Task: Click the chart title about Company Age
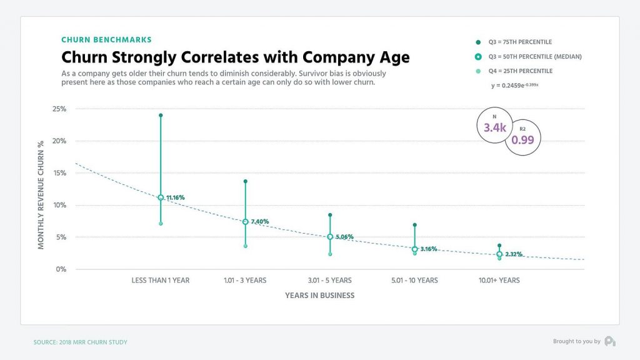tap(235, 57)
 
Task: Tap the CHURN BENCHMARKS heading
tap(106, 40)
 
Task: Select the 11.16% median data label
tap(176, 197)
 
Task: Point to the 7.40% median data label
tap(259, 222)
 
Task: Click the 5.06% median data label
tap(344, 237)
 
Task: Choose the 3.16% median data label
tap(429, 249)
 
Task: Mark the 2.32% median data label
tap(514, 254)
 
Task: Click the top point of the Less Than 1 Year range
tap(161, 116)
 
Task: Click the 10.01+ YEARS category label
tap(499, 281)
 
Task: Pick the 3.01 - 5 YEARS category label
tap(329, 281)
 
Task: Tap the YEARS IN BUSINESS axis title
tap(319, 295)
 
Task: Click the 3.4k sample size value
tap(494, 127)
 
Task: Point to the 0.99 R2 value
tap(522, 140)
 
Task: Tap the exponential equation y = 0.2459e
tap(514, 85)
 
